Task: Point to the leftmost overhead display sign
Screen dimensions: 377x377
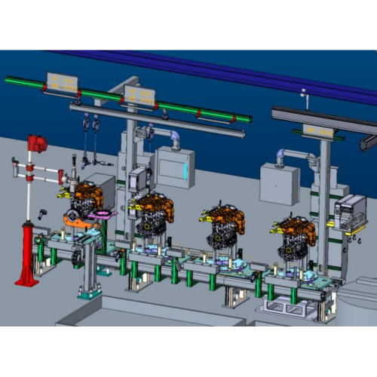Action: point(62,83)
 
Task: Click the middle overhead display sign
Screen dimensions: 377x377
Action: point(139,94)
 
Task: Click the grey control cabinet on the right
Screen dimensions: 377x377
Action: point(279,182)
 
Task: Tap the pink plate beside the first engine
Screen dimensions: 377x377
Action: point(100,216)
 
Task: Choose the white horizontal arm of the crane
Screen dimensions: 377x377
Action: point(45,175)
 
